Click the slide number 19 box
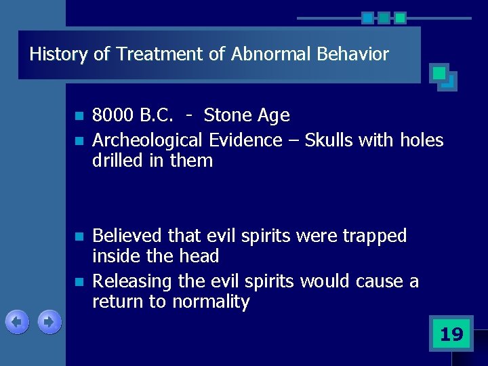click(x=451, y=333)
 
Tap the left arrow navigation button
click(x=17, y=322)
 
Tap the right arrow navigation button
click(x=49, y=322)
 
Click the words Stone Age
click(x=247, y=116)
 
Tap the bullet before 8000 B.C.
click(x=79, y=117)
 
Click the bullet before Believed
click(x=79, y=237)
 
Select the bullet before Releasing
click(x=79, y=282)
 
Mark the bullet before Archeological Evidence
click(x=79, y=141)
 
